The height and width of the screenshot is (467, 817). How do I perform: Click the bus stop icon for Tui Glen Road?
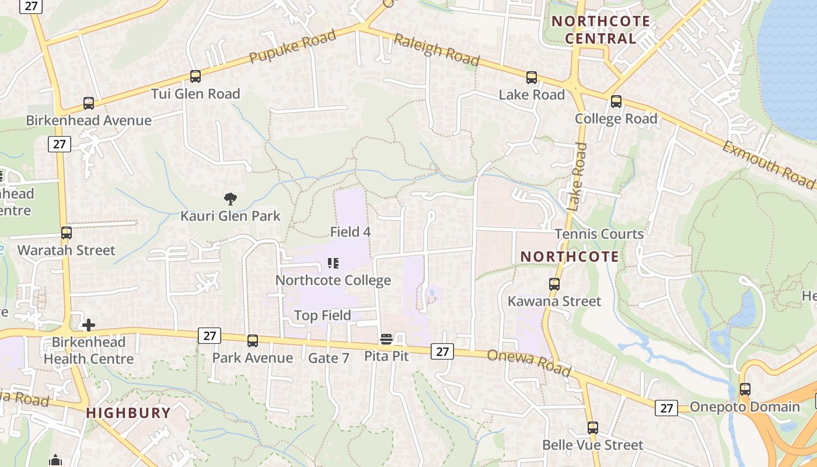click(x=195, y=76)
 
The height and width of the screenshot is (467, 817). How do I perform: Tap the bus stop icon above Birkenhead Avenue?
click(x=89, y=103)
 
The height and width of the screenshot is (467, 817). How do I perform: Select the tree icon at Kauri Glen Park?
click(x=231, y=199)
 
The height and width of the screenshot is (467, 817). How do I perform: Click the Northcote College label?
click(x=333, y=280)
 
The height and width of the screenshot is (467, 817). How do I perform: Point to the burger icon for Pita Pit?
click(x=386, y=339)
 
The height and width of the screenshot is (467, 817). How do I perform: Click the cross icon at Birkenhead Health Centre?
click(x=89, y=325)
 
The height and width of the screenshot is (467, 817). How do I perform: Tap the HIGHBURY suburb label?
click(x=128, y=413)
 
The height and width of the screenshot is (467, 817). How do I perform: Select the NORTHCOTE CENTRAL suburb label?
click(x=601, y=30)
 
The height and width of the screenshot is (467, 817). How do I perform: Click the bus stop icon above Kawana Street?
click(x=554, y=284)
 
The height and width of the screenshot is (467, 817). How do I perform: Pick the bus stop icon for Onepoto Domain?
click(x=745, y=389)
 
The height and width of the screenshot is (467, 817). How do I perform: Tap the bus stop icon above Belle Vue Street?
click(x=593, y=427)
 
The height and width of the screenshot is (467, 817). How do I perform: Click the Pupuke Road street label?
click(x=293, y=47)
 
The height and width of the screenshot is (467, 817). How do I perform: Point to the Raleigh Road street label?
click(x=437, y=50)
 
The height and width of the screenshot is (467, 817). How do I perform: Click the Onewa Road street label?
click(x=529, y=363)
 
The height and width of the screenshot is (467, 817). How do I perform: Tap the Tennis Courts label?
click(x=599, y=234)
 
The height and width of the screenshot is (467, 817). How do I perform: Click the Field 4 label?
click(x=350, y=232)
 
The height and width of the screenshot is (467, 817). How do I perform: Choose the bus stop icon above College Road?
click(x=616, y=102)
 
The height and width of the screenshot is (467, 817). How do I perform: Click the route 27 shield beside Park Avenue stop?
click(x=210, y=336)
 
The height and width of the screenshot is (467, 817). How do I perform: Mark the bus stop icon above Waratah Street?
click(x=67, y=232)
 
